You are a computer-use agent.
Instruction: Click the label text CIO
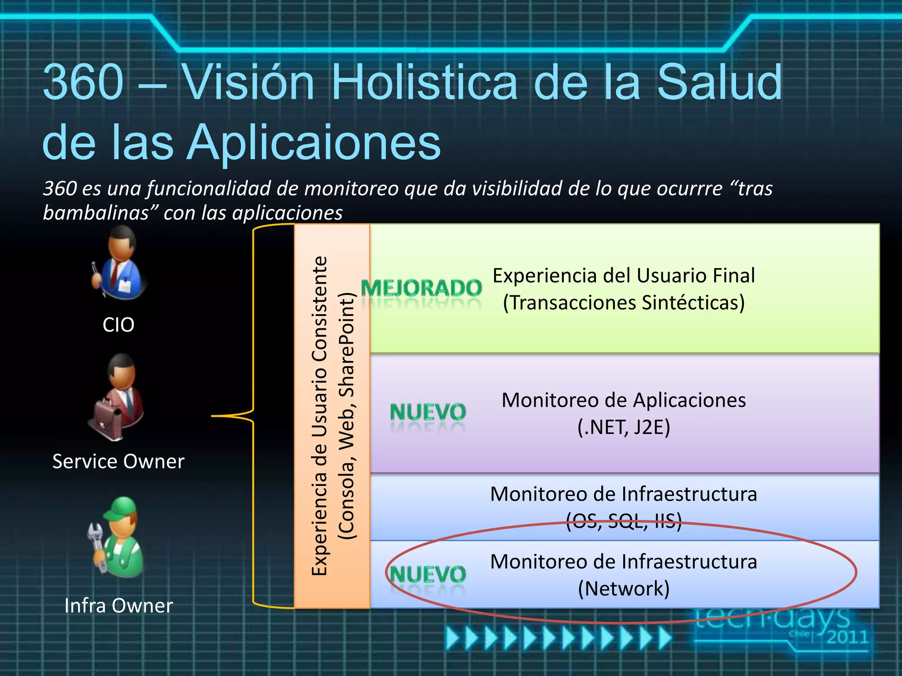[118, 325]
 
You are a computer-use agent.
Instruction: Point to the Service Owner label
[118, 462]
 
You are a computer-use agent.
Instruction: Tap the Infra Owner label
[118, 606]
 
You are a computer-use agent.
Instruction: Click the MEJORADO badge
[421, 288]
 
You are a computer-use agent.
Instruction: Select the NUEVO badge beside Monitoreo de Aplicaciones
[428, 412]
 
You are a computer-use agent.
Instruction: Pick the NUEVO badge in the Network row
[428, 574]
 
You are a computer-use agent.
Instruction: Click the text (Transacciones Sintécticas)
[624, 303]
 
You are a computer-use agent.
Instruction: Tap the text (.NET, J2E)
[624, 427]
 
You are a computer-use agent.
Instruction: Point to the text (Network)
[624, 589]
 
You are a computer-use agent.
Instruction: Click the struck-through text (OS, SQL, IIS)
[624, 522]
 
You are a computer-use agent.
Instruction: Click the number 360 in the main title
[84, 82]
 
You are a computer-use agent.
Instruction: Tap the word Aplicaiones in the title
[314, 142]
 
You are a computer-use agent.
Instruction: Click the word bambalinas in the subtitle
[100, 213]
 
